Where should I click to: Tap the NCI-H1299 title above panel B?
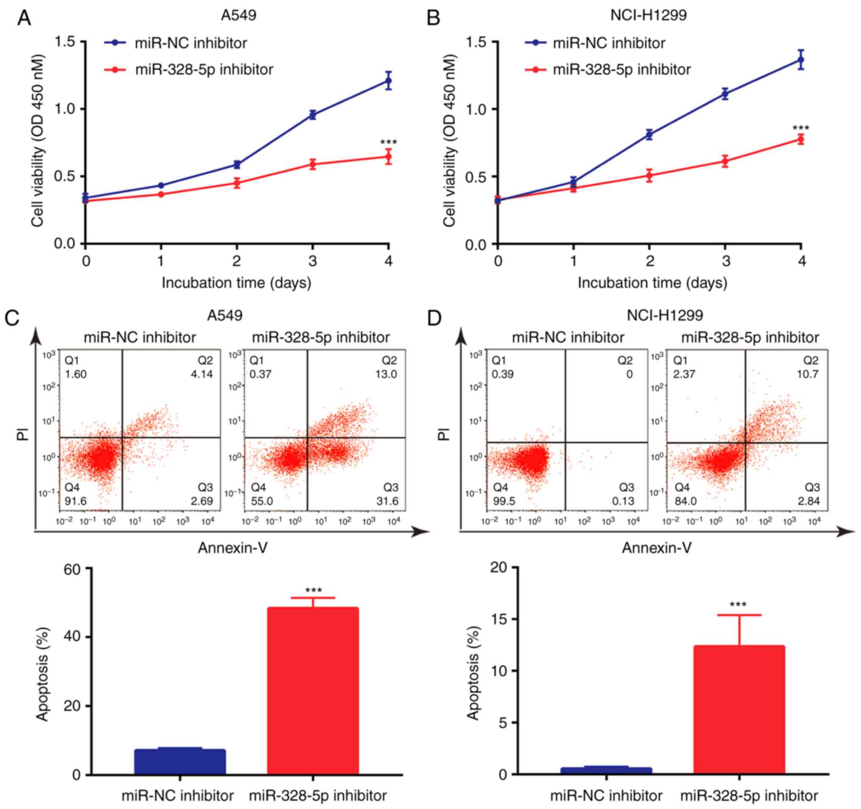[648, 15]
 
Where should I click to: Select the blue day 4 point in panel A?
[389, 81]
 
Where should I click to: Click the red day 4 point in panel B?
[801, 139]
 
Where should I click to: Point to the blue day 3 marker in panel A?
[312, 115]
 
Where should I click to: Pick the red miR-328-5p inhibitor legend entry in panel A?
[203, 70]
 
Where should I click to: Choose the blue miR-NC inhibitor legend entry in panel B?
[608, 43]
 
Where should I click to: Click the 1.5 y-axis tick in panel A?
[65, 42]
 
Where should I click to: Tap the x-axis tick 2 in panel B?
[650, 261]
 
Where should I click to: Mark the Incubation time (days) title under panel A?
[236, 283]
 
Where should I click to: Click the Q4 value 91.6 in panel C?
[76, 501]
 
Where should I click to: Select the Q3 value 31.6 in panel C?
[387, 501]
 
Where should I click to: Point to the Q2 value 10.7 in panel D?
[808, 374]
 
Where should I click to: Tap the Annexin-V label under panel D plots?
[657, 548]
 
